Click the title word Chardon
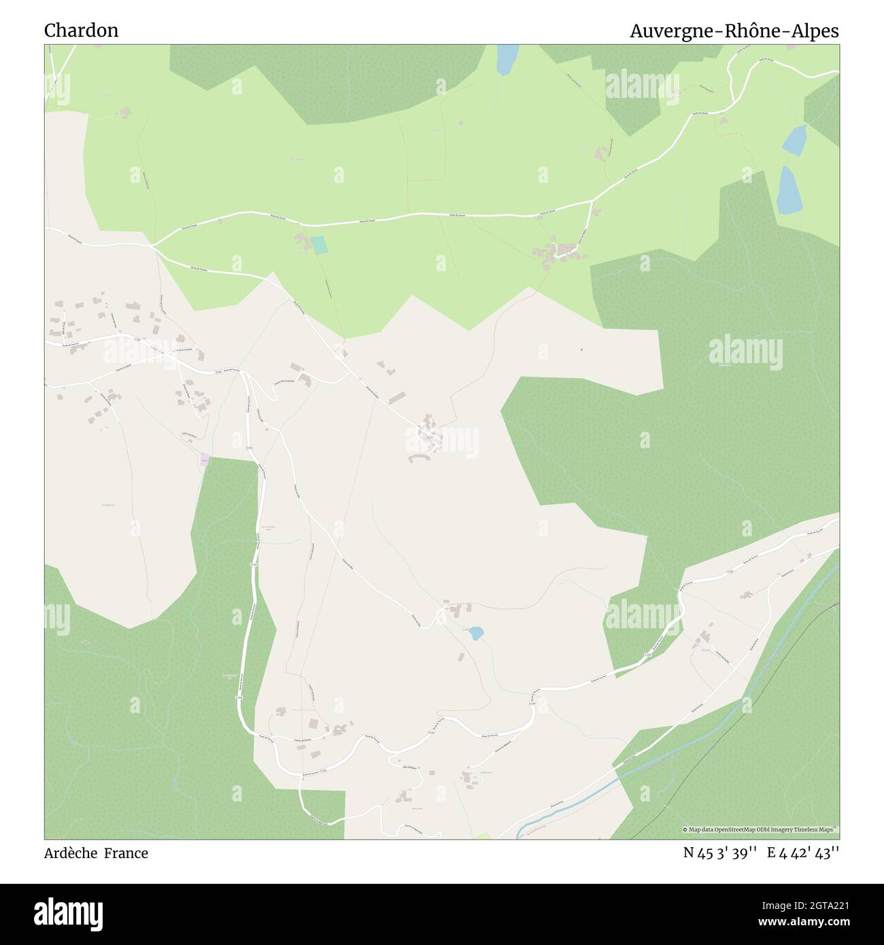click(81, 31)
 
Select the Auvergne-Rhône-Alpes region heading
click(734, 31)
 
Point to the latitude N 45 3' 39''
click(720, 853)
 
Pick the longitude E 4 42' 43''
click(803, 853)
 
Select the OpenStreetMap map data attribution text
click(760, 830)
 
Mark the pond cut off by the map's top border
click(507, 59)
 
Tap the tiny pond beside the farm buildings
click(475, 633)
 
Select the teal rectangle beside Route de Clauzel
click(318, 245)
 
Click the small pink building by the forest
click(205, 460)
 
